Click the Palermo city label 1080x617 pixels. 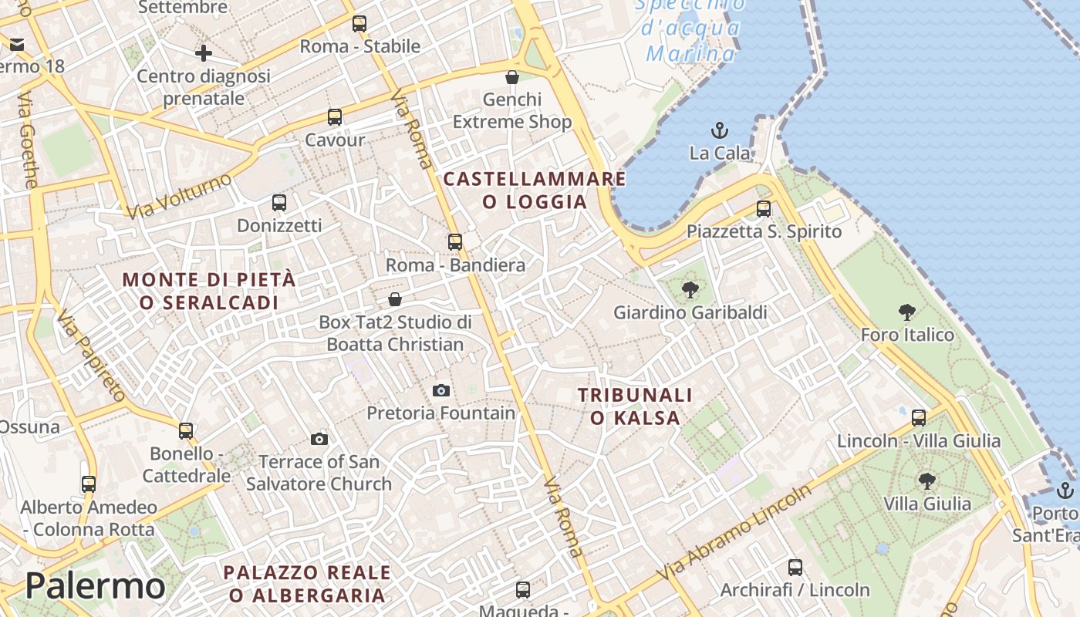[x=95, y=586]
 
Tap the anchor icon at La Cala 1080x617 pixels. [x=720, y=130]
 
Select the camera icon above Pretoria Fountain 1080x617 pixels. [x=441, y=390]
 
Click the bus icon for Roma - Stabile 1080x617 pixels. [x=359, y=23]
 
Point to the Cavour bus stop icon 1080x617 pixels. [x=335, y=117]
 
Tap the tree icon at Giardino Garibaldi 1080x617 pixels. [x=690, y=290]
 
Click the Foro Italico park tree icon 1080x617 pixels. [x=907, y=312]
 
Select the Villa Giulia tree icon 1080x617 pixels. [x=927, y=481]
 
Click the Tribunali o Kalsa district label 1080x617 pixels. [x=635, y=406]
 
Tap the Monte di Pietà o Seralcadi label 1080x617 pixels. [x=209, y=291]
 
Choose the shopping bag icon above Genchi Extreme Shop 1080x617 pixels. [x=511, y=77]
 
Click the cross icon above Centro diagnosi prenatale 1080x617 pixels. [x=204, y=53]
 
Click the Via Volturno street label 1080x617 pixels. [x=181, y=195]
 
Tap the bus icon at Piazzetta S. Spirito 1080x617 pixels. [x=764, y=208]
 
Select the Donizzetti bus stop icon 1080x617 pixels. [x=279, y=203]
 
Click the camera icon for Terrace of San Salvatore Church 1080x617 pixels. [x=319, y=439]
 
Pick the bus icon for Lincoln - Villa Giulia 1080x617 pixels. [x=919, y=418]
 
